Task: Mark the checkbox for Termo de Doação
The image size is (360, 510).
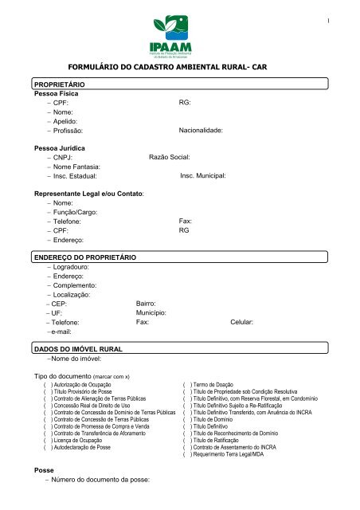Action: pos(187,384)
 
